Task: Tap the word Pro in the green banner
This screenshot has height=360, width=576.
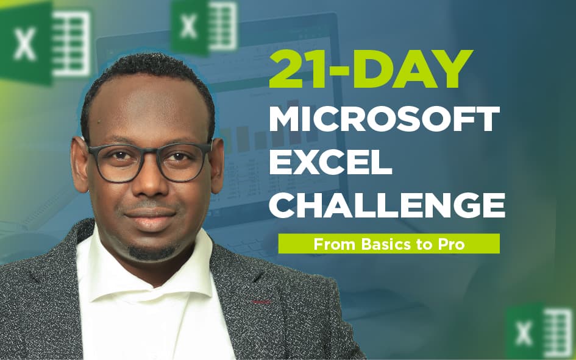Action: coord(452,244)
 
